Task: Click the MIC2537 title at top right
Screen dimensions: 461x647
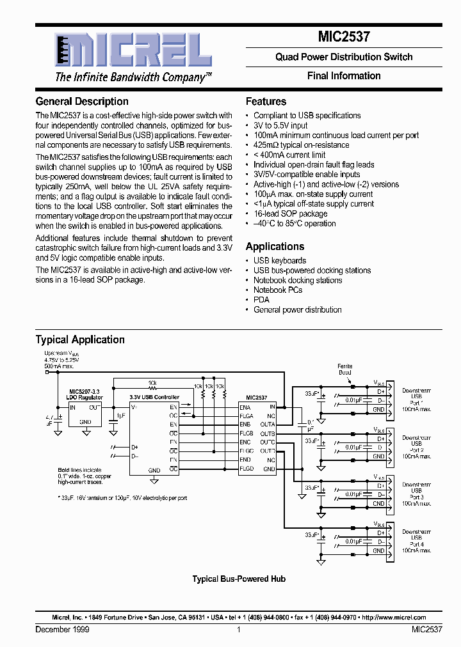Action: pos(344,37)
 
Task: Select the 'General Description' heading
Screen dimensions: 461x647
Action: pos(82,101)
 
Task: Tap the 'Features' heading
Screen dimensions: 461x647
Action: pos(266,101)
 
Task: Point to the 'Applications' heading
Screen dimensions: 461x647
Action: pos(275,246)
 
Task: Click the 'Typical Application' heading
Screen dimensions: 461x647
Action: pos(80,339)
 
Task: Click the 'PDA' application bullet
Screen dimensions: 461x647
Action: pos(261,299)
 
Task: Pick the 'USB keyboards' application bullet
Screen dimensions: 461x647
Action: pos(280,260)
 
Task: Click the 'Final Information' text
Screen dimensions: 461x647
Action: pos(344,75)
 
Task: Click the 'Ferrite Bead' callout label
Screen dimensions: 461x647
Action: pos(345,369)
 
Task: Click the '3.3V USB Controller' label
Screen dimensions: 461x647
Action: pos(155,396)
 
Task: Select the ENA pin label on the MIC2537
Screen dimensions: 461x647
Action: pos(245,407)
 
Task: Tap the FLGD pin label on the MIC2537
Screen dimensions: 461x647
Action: pos(247,469)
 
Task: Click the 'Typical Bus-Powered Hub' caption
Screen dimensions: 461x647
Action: pos(239,579)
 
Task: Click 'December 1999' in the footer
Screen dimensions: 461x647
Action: pos(62,630)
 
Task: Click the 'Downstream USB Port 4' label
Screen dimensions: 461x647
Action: pos(416,540)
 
